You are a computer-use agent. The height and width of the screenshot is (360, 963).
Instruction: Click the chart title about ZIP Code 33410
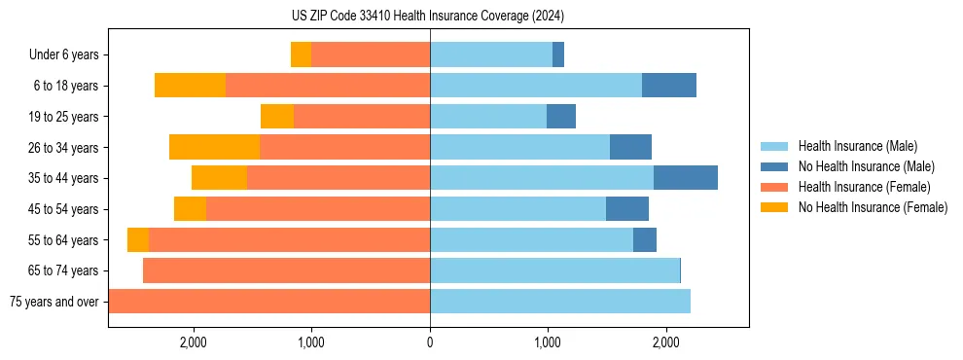coord(428,17)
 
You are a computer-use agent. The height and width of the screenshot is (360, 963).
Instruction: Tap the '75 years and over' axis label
coord(54,302)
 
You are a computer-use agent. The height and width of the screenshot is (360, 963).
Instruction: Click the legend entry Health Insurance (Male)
coord(857,146)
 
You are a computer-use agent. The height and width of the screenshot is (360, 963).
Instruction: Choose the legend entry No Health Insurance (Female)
coord(873,207)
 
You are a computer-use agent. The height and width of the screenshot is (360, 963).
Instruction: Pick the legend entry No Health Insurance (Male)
coord(866,166)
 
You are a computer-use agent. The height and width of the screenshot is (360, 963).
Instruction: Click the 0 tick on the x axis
coord(430,342)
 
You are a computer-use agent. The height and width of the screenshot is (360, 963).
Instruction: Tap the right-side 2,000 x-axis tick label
coord(665,342)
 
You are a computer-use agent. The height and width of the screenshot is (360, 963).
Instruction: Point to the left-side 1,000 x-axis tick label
coord(311,342)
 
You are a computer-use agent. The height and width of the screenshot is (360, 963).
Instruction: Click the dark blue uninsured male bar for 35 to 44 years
coord(686,178)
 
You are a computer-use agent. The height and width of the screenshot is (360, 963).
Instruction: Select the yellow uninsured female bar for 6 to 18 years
coord(190,86)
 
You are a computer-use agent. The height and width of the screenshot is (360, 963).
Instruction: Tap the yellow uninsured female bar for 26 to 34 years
coord(214,147)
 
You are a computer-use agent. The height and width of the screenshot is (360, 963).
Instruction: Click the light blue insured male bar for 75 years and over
coord(560,302)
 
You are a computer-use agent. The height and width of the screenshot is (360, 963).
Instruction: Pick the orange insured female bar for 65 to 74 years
coord(286,270)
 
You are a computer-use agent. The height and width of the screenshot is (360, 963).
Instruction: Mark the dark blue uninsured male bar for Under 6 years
coord(558,55)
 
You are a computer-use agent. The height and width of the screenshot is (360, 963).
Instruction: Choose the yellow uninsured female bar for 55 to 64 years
coord(138,239)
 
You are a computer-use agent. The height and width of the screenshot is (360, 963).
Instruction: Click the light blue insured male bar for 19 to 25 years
coord(488,117)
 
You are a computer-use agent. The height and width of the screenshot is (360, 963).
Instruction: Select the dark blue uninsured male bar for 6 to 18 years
coord(669,86)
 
